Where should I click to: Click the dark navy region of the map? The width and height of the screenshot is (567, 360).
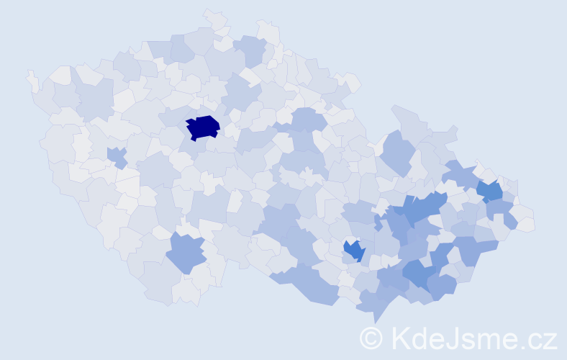(x=202, y=127)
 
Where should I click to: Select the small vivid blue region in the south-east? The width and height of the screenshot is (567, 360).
(x=354, y=250)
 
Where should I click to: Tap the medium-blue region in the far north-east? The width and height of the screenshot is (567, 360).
(x=491, y=191)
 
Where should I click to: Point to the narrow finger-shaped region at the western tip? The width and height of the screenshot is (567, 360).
(x=32, y=81)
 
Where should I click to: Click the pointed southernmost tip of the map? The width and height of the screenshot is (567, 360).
(x=375, y=318)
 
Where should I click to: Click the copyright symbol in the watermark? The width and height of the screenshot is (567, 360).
(x=371, y=338)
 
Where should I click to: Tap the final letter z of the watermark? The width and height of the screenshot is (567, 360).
(x=550, y=340)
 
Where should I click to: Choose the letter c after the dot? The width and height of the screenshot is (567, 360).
(x=537, y=340)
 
